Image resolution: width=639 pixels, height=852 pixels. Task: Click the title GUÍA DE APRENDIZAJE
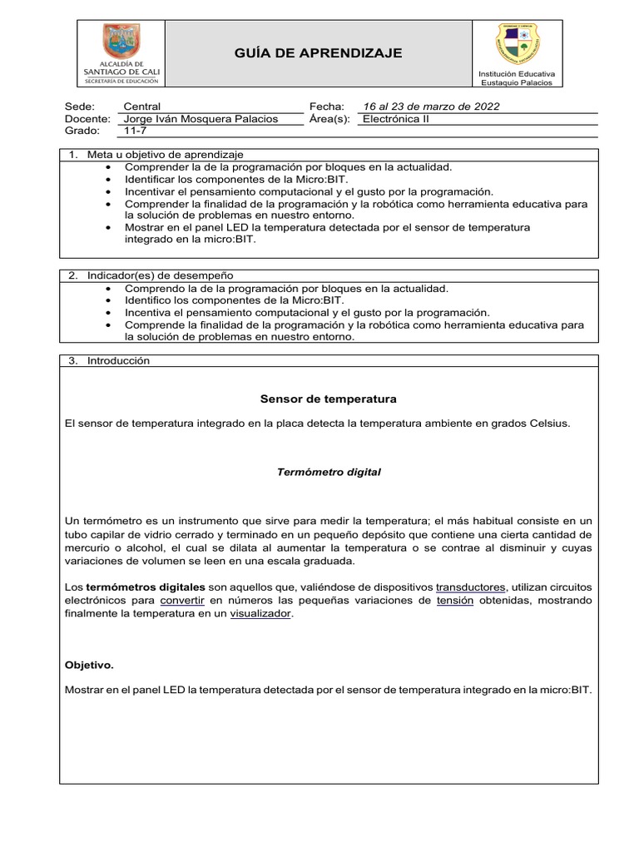tap(319, 53)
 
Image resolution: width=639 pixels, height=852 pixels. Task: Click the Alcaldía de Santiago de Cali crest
tap(121, 41)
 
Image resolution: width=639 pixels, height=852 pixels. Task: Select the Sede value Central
tap(141, 106)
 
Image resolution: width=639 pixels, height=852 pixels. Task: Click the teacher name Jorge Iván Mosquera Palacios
tap(201, 119)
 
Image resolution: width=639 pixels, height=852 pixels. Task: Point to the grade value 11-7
tap(134, 131)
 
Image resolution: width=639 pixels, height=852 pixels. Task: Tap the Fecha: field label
tap(326, 106)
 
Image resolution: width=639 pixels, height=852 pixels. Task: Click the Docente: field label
tap(87, 119)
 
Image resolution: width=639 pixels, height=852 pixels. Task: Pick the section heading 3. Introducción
tap(108, 361)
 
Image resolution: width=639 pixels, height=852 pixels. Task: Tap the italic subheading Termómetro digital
tap(329, 472)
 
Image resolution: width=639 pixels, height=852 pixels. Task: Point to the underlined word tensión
tap(455, 600)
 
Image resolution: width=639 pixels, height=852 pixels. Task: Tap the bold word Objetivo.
tap(90, 666)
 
